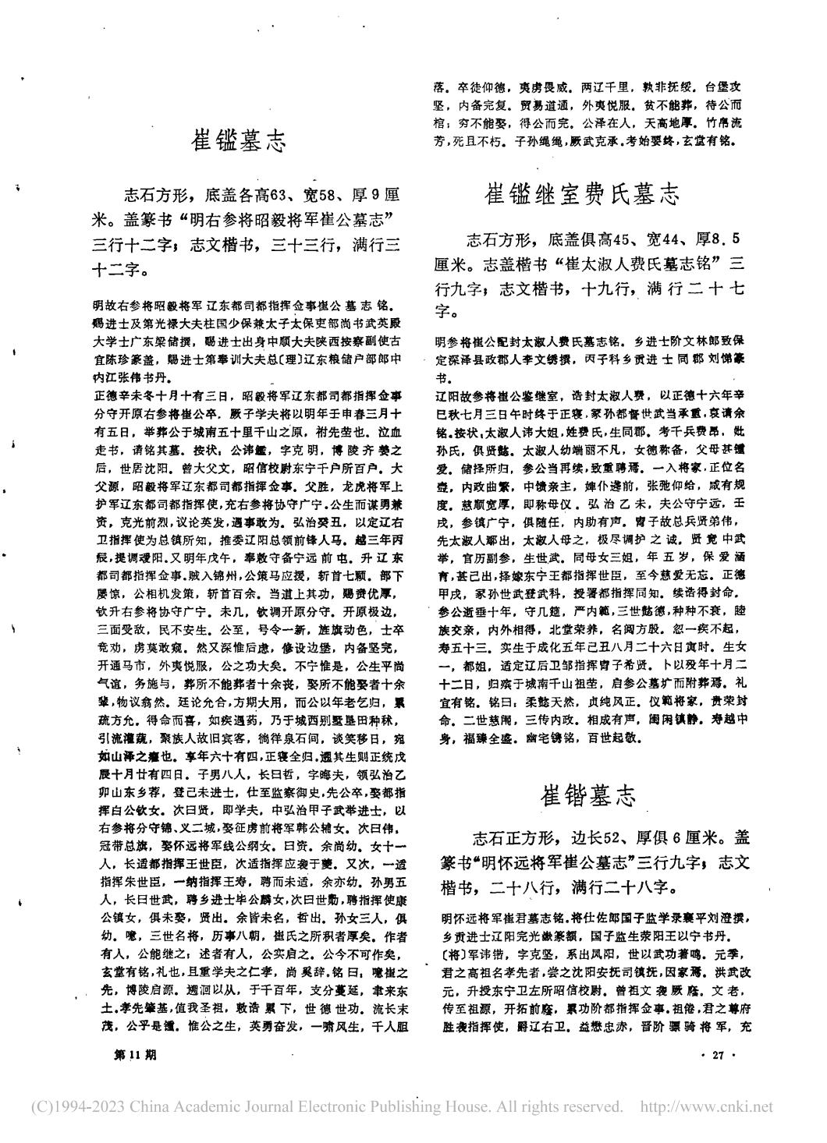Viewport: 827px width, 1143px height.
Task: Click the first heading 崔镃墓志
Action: point(240,142)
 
